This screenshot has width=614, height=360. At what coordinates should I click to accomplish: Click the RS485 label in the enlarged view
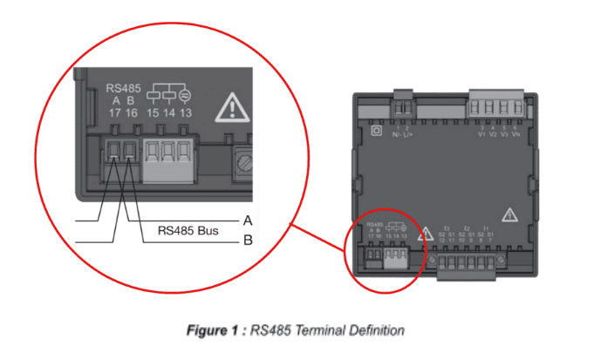point(123,88)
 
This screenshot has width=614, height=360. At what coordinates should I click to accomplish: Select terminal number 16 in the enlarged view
point(132,112)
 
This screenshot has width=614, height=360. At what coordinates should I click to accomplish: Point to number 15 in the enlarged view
point(153,112)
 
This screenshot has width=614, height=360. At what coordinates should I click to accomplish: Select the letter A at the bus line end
point(248,220)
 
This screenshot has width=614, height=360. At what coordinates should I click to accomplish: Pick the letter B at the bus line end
point(248,240)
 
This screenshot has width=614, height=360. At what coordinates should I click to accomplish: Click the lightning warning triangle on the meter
point(509,214)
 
